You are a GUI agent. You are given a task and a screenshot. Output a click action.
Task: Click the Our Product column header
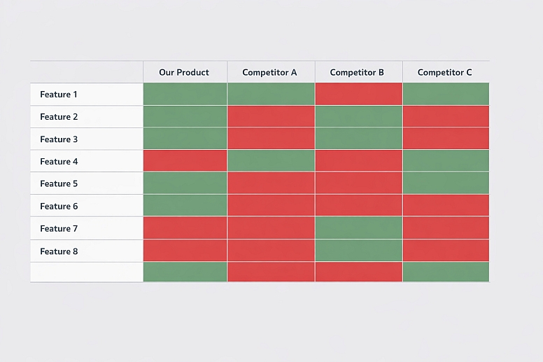[184, 72]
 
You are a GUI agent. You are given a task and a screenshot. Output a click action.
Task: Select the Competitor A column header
[270, 72]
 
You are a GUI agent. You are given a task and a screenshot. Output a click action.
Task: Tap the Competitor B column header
[358, 72]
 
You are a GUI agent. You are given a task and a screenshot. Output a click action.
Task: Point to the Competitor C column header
[445, 72]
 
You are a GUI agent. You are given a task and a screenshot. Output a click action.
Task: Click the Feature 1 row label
[59, 95]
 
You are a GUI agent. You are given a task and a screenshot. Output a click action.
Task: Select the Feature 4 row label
[59, 162]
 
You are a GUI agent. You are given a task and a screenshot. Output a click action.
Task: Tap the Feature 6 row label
[59, 207]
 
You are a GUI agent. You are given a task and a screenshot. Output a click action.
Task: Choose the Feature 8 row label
[59, 251]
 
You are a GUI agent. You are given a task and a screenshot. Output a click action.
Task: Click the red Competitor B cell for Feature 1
[358, 94]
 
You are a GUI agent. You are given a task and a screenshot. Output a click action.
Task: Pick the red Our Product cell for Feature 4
[185, 161]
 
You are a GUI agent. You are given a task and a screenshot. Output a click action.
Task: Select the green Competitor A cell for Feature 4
[271, 161]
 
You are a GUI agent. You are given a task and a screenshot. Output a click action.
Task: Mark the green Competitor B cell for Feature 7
[358, 228]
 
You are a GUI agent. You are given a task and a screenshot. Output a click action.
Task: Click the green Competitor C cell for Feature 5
[446, 183]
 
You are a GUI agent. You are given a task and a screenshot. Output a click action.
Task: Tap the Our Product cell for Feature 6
[185, 206]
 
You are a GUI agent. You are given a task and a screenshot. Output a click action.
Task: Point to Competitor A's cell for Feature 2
[271, 116]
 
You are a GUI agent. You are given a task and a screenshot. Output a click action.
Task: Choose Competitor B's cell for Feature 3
[358, 139]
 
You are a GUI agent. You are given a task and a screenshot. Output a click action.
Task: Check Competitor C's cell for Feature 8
[446, 251]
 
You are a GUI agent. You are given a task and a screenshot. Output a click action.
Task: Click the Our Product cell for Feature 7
[185, 228]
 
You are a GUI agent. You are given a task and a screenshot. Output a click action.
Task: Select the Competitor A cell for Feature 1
[271, 94]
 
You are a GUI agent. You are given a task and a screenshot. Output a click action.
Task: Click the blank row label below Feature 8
[87, 272]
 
